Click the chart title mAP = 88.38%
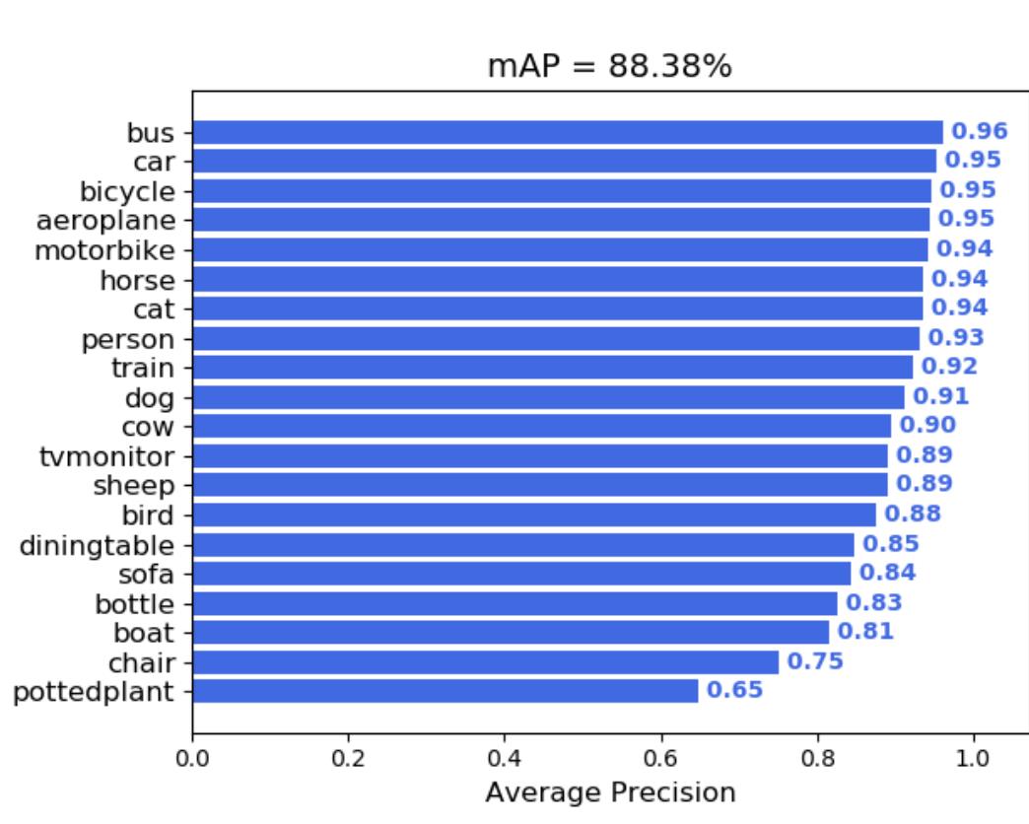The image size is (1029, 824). coord(610,67)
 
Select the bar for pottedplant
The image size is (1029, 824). coord(445,691)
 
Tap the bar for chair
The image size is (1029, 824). coord(485,661)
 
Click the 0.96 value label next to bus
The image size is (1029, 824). coord(979,131)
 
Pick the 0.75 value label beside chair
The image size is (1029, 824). coord(815,661)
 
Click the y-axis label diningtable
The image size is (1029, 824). coord(97,545)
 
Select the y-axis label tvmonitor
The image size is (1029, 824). coord(106,456)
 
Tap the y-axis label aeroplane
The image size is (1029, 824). coord(105,220)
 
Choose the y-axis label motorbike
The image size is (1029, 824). coord(104,249)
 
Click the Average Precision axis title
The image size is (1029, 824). coord(610,792)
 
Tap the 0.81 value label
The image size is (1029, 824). coord(865,632)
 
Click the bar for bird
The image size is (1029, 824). coord(533,515)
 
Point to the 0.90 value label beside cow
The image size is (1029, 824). coord(926,426)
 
